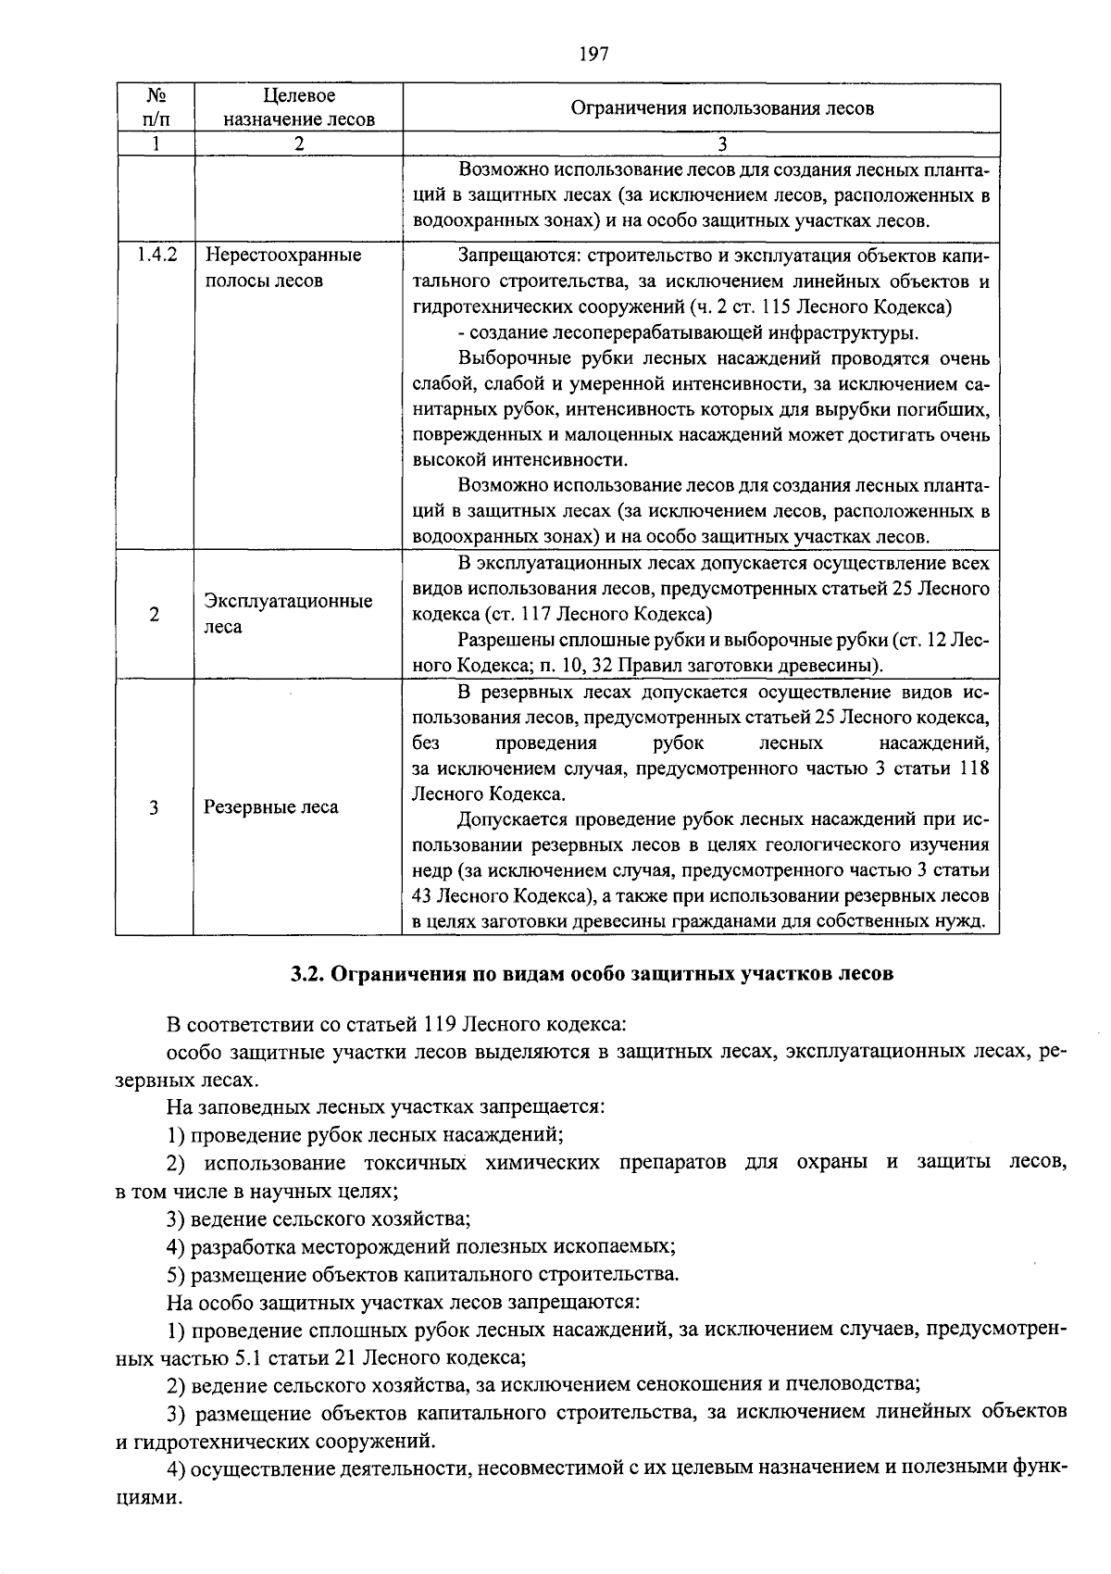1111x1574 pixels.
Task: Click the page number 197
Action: pyautogui.click(x=593, y=54)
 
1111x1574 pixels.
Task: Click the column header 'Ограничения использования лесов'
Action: pyautogui.click(x=722, y=108)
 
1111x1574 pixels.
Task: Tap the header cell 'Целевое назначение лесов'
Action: pyautogui.click(x=298, y=107)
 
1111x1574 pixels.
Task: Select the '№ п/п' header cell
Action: pyautogui.click(x=156, y=107)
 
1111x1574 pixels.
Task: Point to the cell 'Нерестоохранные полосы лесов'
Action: pyautogui.click(x=282, y=268)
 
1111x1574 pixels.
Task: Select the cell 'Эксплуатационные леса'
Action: pyautogui.click(x=288, y=613)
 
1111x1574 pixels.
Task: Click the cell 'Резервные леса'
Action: pyautogui.click(x=271, y=807)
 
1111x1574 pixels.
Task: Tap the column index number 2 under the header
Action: pyautogui.click(x=298, y=144)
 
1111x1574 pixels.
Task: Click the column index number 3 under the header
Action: pyautogui.click(x=722, y=144)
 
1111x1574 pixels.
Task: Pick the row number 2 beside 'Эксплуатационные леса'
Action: pyautogui.click(x=154, y=614)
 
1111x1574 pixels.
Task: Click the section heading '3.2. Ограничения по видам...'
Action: pyautogui.click(x=592, y=974)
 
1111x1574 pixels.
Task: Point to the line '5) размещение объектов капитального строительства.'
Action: pyautogui.click(x=423, y=1275)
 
